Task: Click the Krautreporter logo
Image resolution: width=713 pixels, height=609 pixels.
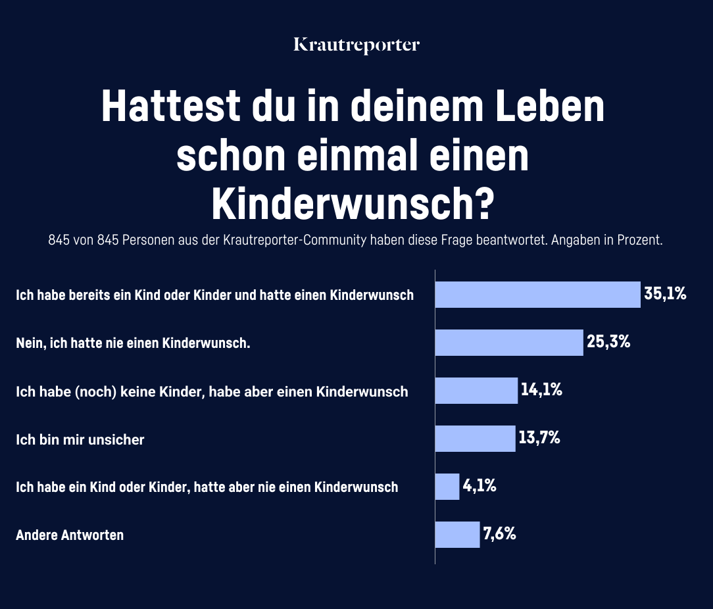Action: (356, 45)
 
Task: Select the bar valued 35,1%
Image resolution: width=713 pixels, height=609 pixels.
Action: (537, 295)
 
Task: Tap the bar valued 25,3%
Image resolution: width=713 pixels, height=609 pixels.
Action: (509, 343)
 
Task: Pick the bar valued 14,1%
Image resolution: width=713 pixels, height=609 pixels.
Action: (476, 391)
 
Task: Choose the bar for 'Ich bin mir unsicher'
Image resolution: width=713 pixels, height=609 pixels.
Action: (475, 439)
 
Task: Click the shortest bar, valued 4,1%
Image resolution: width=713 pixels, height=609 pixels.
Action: (447, 487)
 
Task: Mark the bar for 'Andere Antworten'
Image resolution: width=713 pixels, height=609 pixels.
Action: (457, 535)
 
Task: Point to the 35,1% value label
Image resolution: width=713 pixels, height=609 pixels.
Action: (665, 294)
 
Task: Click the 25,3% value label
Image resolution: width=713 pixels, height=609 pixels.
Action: (608, 342)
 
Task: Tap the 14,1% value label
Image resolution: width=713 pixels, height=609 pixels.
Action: (541, 390)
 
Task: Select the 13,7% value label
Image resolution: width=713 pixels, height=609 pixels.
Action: (539, 438)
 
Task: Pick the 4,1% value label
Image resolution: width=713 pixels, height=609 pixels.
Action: (479, 486)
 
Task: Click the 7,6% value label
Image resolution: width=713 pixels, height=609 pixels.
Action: (499, 534)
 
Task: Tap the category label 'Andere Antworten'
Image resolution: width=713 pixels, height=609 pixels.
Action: (70, 535)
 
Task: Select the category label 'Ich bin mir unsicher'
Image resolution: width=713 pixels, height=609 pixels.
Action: (80, 439)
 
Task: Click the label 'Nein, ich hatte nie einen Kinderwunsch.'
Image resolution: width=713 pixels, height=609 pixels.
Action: (134, 343)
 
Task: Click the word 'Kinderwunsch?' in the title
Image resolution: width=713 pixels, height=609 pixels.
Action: (353, 205)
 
